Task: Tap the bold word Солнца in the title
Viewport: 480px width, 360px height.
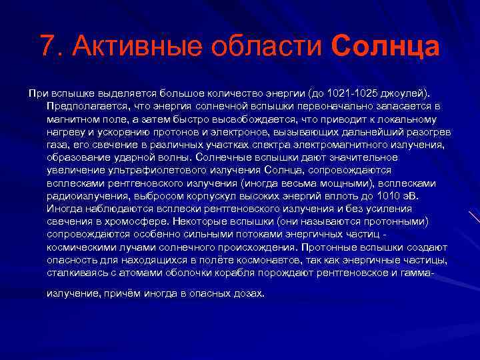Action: pos(385,47)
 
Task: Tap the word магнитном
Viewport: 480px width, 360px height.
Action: pos(72,119)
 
